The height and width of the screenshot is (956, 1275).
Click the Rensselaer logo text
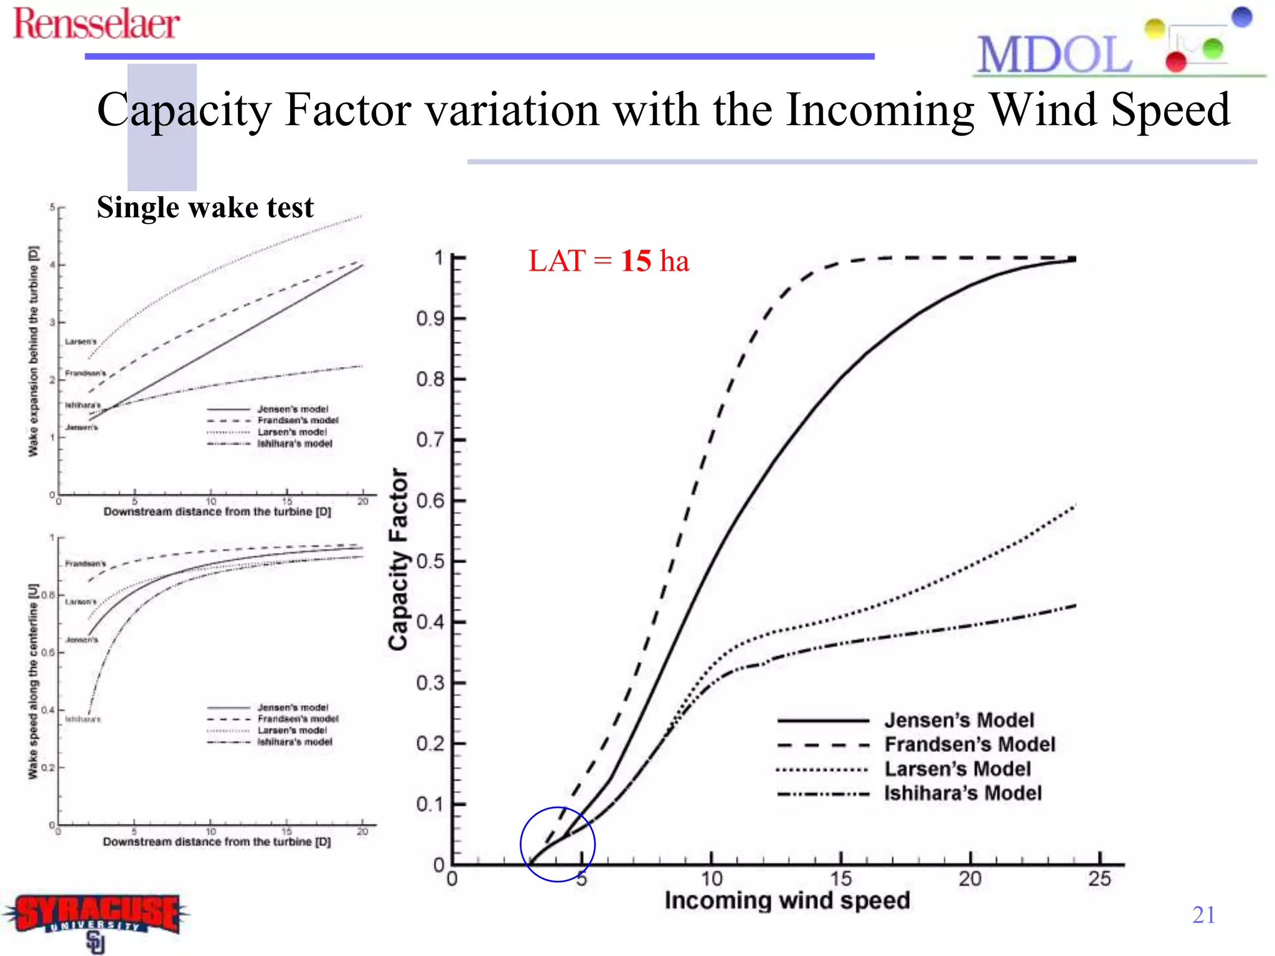coord(96,24)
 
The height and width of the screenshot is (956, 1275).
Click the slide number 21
coord(1203,915)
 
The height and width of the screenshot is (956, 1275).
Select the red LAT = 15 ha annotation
coord(608,260)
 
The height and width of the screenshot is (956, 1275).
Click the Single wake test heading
coord(205,207)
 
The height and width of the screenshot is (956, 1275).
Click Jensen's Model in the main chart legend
coord(959,720)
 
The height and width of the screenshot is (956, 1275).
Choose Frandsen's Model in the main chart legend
coord(969,744)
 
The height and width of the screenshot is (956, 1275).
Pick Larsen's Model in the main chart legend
coord(957,769)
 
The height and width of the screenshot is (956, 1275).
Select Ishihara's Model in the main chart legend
coord(962,793)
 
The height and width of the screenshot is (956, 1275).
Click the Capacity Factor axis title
coord(398,560)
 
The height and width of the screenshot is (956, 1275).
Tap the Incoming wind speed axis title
coord(787,901)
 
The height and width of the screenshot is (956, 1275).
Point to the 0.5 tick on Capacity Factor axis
coord(430,561)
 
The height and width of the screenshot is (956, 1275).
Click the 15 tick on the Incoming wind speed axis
coord(840,879)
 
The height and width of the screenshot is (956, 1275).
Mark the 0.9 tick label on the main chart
coord(430,319)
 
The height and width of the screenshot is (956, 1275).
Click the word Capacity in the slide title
coord(184,110)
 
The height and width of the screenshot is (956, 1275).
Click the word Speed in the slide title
coord(1170,110)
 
